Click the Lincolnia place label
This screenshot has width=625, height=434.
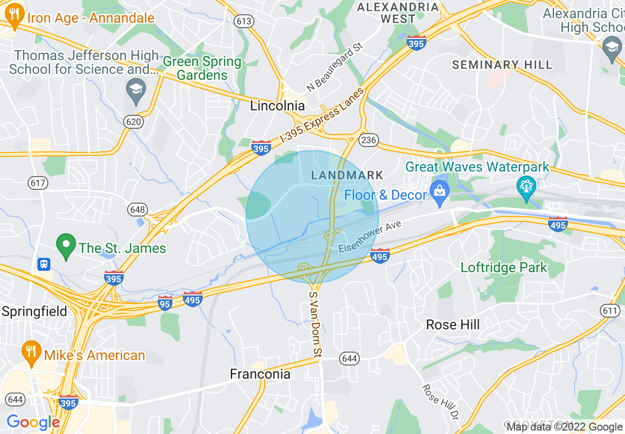[278, 106]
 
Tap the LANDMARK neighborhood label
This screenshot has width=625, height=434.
[347, 175]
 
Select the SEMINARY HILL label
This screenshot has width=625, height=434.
[502, 65]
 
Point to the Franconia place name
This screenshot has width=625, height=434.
[260, 374]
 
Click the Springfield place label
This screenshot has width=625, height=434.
[34, 312]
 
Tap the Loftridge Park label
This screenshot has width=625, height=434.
[504, 268]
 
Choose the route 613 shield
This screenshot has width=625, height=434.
[244, 21]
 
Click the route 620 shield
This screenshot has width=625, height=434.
[134, 122]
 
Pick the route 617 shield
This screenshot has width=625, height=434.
[38, 183]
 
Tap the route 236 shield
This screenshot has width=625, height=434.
[368, 140]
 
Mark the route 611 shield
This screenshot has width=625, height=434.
[610, 310]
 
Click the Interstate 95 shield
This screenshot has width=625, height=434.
[165, 303]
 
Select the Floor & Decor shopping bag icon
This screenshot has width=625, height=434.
[438, 192]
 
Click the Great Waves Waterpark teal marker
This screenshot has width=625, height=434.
[526, 187]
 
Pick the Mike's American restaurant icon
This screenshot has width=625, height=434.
[32, 353]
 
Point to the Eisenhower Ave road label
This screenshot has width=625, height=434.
[370, 237]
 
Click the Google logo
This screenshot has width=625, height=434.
[33, 422]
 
